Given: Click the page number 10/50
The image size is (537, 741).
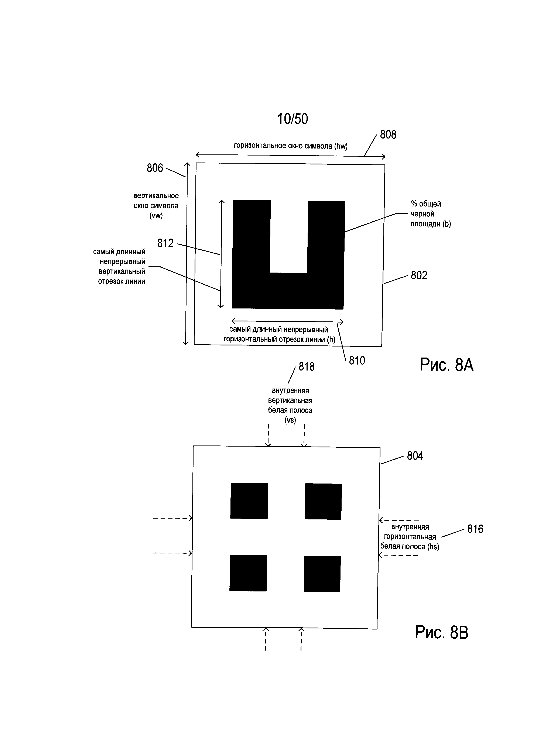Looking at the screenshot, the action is click(292, 119).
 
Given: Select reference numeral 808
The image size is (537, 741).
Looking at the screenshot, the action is click(388, 135).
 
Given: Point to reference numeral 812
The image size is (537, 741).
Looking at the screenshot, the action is click(166, 243).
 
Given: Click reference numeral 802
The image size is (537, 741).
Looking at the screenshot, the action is click(419, 275).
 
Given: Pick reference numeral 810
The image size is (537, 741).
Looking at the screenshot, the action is click(357, 361).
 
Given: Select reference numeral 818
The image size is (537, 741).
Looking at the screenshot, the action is click(306, 367).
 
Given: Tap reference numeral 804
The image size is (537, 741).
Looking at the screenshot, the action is click(415, 456).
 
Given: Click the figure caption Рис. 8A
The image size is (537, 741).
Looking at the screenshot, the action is click(447, 365).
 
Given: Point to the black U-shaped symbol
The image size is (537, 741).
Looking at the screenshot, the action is click(288, 255).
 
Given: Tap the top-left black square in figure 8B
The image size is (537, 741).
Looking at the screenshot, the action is click(249, 501).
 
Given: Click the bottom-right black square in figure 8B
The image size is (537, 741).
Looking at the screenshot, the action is click(322, 574).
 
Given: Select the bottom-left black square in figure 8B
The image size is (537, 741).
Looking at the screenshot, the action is click(248, 573).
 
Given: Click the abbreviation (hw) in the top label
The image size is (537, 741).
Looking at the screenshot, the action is click(341, 146).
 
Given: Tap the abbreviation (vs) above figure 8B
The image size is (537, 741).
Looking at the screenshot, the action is click(290, 420).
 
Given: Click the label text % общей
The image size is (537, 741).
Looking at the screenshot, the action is click(426, 204).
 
